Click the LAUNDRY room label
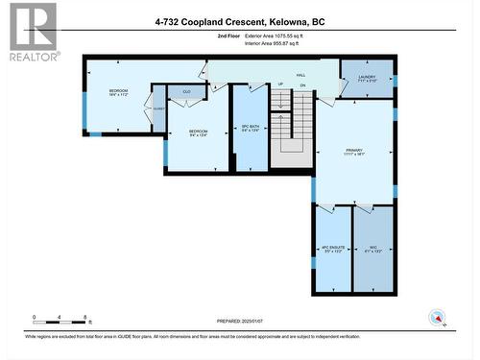(x=367, y=78)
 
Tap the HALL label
(x=300, y=75)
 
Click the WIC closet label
(x=372, y=250)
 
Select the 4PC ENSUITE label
(x=331, y=250)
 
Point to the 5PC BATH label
(x=250, y=132)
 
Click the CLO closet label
(x=187, y=92)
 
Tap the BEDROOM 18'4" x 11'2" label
(x=118, y=93)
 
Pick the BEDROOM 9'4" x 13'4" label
(x=199, y=132)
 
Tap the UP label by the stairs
(x=280, y=85)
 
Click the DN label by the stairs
(x=301, y=85)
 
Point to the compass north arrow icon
(x=439, y=318)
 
